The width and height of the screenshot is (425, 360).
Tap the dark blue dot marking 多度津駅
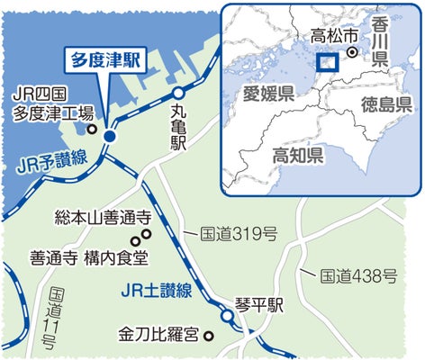tap(108, 136)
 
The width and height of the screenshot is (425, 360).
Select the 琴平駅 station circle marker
tap(224, 315)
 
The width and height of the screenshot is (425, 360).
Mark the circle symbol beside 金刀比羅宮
tap(209, 337)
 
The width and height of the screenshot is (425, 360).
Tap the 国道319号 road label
tap(237, 234)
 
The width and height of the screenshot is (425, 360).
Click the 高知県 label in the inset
tap(299, 155)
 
